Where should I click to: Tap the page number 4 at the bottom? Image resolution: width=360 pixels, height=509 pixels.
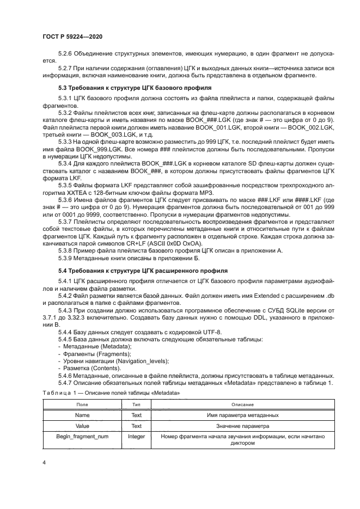[x=44, y=462]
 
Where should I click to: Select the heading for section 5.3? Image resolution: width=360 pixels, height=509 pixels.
[x=136, y=88]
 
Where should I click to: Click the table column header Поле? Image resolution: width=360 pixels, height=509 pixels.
[x=82, y=404]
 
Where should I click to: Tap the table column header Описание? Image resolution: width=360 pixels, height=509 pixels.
[x=242, y=404]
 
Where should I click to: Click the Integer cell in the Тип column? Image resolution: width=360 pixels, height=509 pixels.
[x=136, y=437]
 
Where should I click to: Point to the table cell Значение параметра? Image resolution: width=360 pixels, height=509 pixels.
[x=242, y=426]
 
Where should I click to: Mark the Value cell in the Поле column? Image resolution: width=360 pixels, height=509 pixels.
[x=82, y=426]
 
